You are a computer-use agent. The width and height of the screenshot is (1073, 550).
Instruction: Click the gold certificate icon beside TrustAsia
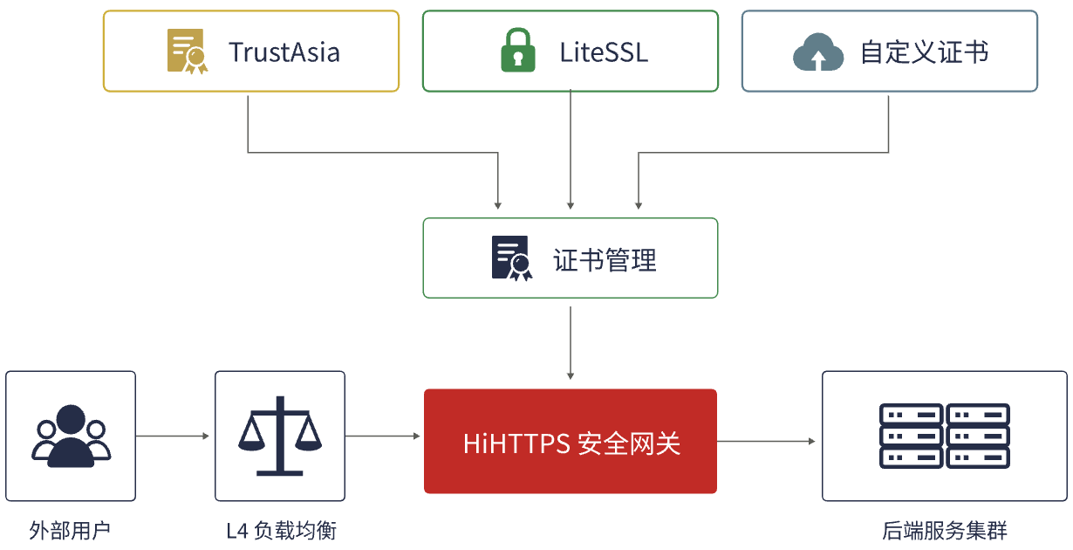[x=188, y=52]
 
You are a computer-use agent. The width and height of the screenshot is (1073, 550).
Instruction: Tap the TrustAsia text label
[x=284, y=52]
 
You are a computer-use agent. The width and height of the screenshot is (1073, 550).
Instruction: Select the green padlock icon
[x=518, y=50]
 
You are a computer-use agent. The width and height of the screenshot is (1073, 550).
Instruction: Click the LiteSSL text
[x=604, y=52]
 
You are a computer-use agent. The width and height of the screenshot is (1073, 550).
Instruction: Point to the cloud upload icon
[x=818, y=52]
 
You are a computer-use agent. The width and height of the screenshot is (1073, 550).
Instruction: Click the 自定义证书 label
[x=925, y=52]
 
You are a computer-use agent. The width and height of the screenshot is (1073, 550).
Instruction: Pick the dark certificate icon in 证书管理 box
[x=511, y=258]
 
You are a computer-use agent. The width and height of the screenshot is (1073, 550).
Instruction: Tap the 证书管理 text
[x=605, y=260]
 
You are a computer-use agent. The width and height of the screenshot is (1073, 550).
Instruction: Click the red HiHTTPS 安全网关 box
[x=570, y=441]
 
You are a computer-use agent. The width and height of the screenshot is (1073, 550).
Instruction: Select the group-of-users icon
[x=71, y=436]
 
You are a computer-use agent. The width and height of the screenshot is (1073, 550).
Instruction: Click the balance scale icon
[x=280, y=436]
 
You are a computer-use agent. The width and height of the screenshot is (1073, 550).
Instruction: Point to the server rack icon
[x=945, y=436]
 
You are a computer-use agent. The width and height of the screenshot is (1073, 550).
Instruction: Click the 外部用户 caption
[x=70, y=530]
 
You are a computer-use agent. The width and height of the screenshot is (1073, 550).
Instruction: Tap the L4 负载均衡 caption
[x=281, y=530]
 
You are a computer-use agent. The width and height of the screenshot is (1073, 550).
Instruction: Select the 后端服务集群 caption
[x=945, y=530]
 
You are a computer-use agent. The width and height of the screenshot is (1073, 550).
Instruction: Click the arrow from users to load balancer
[x=173, y=436]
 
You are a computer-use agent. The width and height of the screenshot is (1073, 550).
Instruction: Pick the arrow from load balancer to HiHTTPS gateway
[x=382, y=436]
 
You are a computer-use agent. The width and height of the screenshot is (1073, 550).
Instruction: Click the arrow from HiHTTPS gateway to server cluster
[x=766, y=441]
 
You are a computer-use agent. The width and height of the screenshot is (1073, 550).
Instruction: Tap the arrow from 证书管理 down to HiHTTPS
[x=570, y=343]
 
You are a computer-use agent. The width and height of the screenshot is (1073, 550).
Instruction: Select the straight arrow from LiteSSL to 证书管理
[x=570, y=149]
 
